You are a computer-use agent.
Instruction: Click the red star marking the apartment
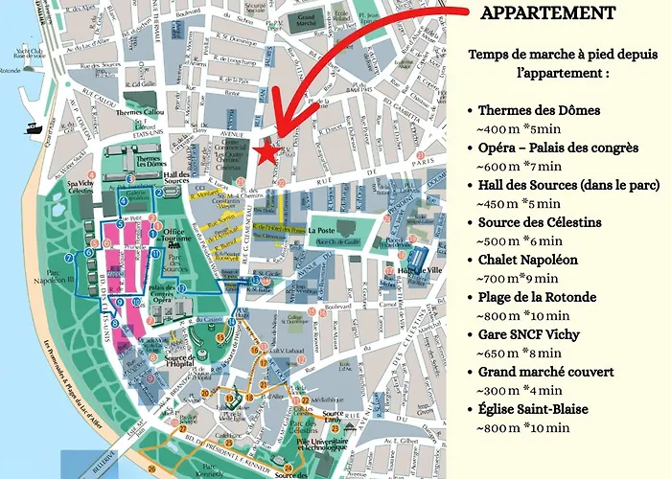coord(266,152)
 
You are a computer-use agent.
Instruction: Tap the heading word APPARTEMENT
coord(546,13)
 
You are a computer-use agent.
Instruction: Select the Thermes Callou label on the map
coord(141,112)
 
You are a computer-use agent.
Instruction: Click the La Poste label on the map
coord(322,231)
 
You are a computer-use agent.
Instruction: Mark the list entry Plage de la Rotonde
coord(543,297)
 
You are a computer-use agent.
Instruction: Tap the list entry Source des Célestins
coord(540,222)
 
